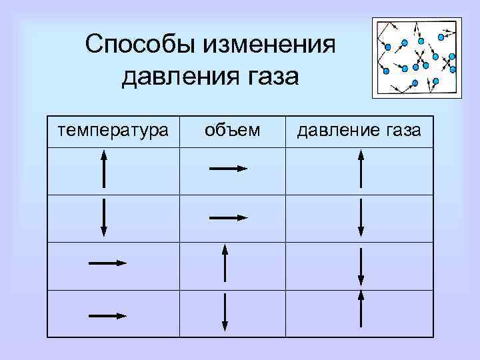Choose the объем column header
click(x=233, y=130)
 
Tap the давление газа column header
click(x=359, y=130)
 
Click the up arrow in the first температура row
click(x=104, y=169)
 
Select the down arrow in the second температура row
click(x=104, y=217)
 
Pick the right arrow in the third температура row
click(x=107, y=263)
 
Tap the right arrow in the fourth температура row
click(x=107, y=315)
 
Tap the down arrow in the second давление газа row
click(x=360, y=217)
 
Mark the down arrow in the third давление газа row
click(x=360, y=267)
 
